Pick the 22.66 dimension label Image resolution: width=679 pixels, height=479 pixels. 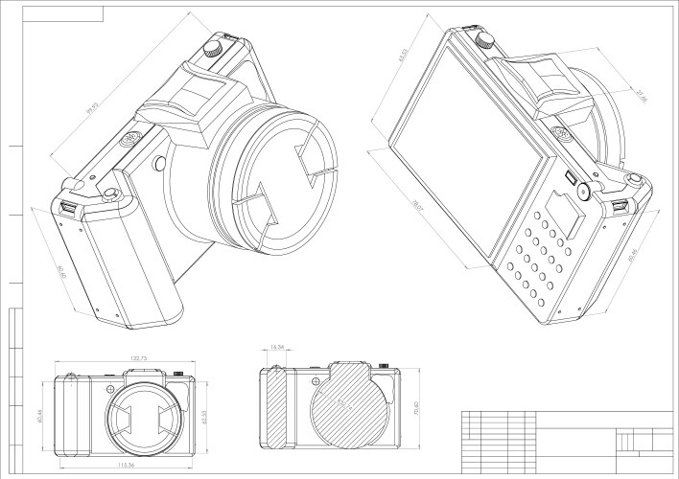pos(640,97)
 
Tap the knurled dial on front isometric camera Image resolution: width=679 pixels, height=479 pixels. pos(219,43)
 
